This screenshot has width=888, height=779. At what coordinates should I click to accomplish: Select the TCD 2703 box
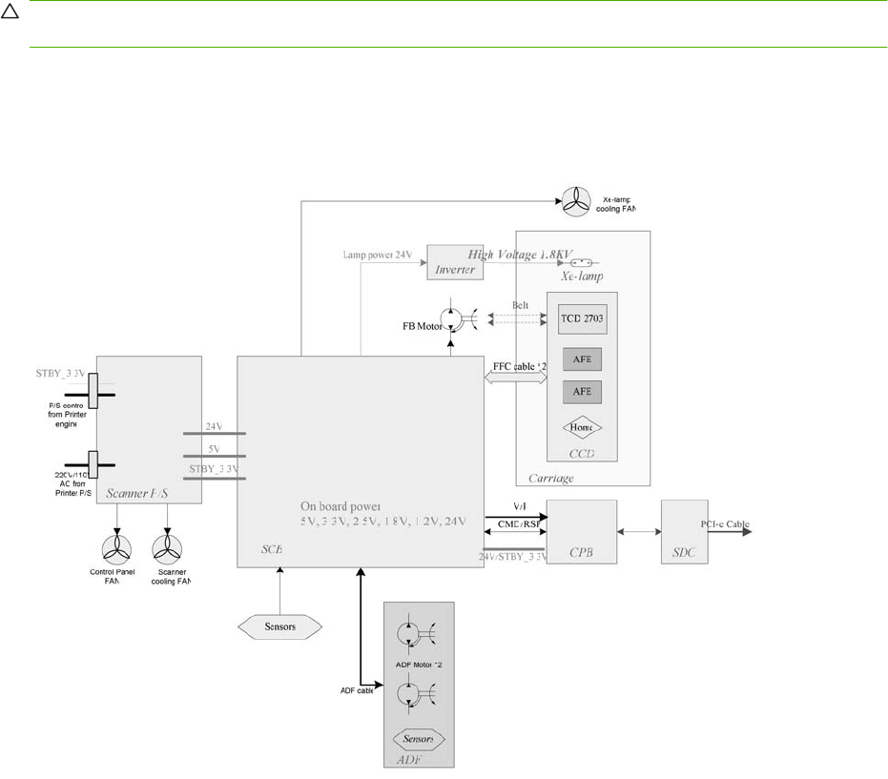point(582,319)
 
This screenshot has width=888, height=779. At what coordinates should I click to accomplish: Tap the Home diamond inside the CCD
point(582,430)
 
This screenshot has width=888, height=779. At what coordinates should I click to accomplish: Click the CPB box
point(582,532)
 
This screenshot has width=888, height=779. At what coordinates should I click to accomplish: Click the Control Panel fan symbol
point(119,550)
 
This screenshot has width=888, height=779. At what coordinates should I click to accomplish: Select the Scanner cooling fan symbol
point(170,550)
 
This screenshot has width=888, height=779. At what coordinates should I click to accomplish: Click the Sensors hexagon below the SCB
point(279,625)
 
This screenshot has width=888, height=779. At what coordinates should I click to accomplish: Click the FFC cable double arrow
point(516,378)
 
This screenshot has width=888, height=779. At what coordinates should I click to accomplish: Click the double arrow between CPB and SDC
point(640,532)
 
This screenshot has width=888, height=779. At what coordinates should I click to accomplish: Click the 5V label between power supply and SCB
point(214,448)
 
